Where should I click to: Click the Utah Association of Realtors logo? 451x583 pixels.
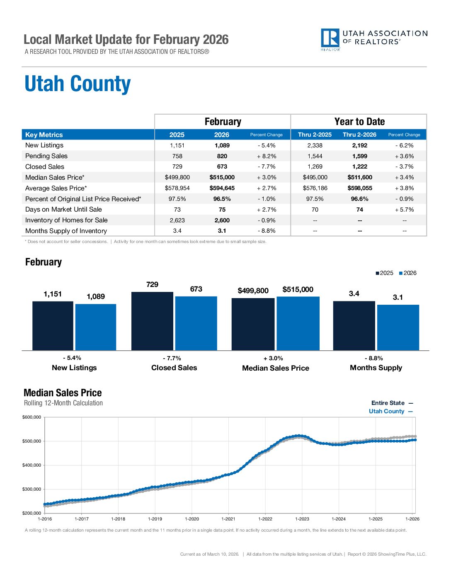coord(373,39)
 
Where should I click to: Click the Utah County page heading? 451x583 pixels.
coord(78,84)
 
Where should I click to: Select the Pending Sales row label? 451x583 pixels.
coord(46,156)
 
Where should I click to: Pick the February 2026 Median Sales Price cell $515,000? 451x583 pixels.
coord(222,177)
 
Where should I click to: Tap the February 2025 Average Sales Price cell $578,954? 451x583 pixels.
coord(177,188)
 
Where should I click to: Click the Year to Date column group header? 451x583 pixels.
coord(359,122)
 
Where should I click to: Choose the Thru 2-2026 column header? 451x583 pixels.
coord(359,135)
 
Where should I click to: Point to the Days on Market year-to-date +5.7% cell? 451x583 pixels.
coord(404,210)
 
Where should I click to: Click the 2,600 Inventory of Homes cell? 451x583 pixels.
coord(222,220)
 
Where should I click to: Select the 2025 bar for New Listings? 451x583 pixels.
coord(53,326)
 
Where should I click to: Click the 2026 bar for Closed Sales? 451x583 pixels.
coord(196,323)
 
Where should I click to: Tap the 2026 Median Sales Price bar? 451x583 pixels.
coord(298,323)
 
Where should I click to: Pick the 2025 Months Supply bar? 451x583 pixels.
coord(354,326)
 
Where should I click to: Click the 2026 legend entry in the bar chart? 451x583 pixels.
coord(407,273)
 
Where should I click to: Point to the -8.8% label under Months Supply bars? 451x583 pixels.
coord(373,358)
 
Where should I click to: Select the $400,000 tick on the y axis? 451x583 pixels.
coord(32,465)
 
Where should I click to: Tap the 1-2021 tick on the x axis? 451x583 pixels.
coord(228,519)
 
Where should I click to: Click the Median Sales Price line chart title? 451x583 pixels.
coord(63,393)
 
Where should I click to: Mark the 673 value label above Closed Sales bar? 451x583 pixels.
coord(196,289)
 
